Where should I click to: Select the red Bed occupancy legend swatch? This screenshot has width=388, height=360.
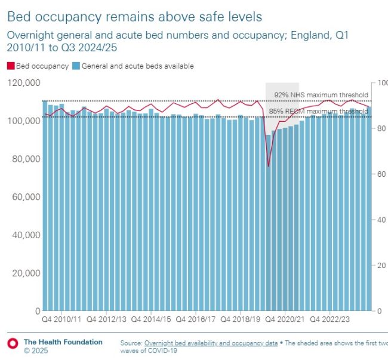pyautogui.click(x=10, y=66)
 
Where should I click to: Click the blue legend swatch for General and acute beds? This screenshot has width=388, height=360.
pyautogui.click(x=76, y=66)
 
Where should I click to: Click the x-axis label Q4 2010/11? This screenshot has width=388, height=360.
pyautogui.click(x=62, y=319)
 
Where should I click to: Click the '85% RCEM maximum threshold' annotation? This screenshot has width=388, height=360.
pyautogui.click(x=319, y=111)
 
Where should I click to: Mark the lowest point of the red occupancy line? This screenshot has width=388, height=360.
pyautogui.click(x=269, y=166)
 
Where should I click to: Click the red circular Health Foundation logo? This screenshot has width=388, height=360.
pyautogui.click(x=11, y=343)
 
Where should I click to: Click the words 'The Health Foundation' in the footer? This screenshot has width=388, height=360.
pyautogui.click(x=63, y=342)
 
